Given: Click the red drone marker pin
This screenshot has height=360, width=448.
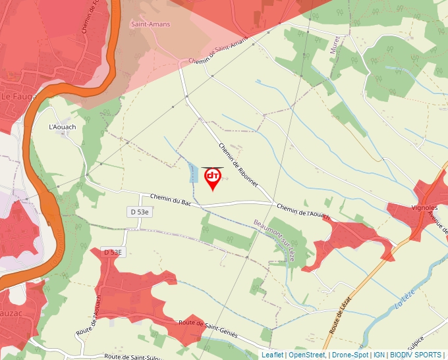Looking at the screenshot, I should pos(213,178).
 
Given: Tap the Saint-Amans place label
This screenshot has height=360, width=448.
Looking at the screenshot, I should pos(150,24).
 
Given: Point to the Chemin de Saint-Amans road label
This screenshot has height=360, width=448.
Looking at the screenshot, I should pos(217,51).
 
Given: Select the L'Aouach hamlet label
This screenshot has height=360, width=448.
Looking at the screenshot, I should pos(63,127).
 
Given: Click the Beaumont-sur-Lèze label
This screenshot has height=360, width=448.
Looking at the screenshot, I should pos(273,241).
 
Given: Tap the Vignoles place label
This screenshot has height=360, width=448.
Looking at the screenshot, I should pos(424,207).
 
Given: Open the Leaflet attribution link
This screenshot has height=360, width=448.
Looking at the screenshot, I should pos(272,355).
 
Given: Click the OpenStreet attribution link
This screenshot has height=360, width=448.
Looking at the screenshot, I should pos(307,355).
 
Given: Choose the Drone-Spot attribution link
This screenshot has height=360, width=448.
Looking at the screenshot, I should pos(350,355).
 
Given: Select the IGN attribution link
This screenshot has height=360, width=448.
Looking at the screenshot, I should pos(379,355).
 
